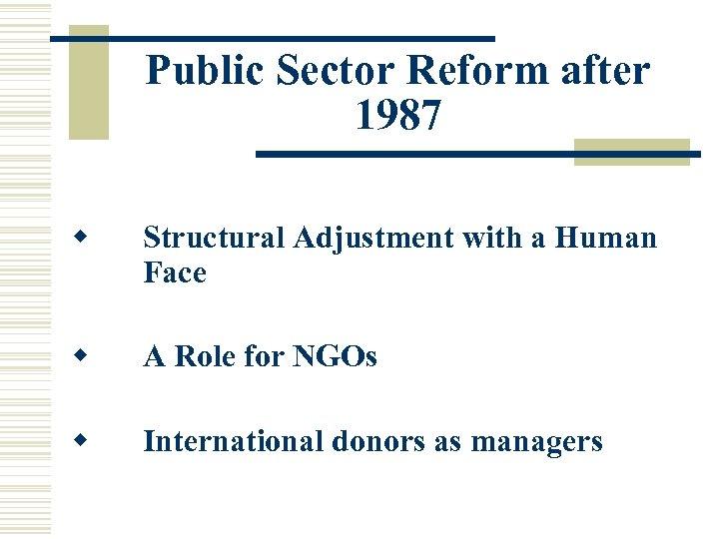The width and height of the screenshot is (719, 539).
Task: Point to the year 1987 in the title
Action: point(396,118)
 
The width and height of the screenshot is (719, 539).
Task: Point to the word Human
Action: point(606,239)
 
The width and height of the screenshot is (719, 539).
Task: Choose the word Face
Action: point(175,272)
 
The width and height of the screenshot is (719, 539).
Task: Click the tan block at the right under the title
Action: point(631,152)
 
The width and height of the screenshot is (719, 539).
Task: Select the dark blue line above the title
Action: point(272,38)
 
